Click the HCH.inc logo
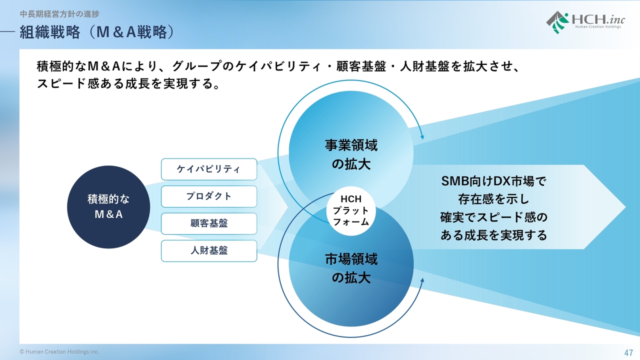click(x=585, y=22)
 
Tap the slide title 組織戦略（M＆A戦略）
click(x=97, y=32)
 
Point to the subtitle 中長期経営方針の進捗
click(x=59, y=13)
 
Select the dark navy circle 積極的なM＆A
click(x=108, y=207)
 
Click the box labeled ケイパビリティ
click(x=209, y=169)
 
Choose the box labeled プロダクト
click(x=209, y=196)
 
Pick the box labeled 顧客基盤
click(x=209, y=223)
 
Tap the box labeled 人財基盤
click(x=209, y=251)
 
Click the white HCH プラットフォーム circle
click(x=351, y=211)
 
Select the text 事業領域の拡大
click(x=351, y=154)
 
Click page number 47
click(x=628, y=352)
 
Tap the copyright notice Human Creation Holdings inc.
click(x=59, y=351)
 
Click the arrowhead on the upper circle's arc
click(x=422, y=136)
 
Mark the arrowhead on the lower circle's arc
click(x=422, y=281)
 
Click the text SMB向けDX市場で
click(x=493, y=181)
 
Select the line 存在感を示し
click(x=493, y=199)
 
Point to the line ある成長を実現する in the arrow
click(x=493, y=235)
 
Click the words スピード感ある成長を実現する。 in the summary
click(x=128, y=83)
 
